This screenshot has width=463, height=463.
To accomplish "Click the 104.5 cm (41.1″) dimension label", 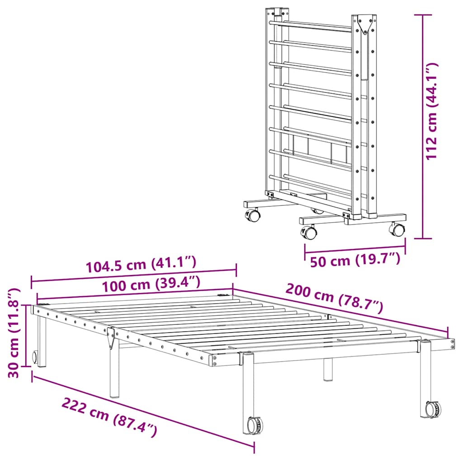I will (x=141, y=264).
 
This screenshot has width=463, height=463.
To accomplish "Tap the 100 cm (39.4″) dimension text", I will (x=150, y=285).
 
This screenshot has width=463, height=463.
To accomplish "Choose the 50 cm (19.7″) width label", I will (x=355, y=260).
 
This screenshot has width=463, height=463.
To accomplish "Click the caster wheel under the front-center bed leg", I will (x=255, y=425).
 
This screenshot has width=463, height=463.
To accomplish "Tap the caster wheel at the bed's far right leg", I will (x=433, y=409).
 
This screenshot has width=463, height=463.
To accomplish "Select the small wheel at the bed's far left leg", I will (x=35, y=357).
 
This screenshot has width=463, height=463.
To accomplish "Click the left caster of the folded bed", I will (x=253, y=215).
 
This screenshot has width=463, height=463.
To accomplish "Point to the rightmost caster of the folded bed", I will (x=397, y=229).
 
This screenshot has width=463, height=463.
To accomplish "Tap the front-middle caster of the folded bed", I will (x=310, y=232).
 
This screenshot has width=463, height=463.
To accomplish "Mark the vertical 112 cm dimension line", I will (x=423, y=127).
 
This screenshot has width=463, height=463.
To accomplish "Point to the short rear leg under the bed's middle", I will (x=328, y=369).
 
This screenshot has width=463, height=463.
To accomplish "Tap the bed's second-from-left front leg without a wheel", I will (x=114, y=369).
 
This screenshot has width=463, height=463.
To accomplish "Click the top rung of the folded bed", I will (x=312, y=26).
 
